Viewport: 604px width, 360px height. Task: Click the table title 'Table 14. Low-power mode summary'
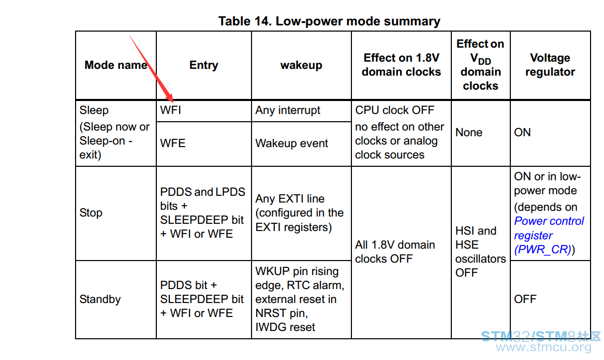tap(329, 21)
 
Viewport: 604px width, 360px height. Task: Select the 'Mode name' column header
tap(115, 65)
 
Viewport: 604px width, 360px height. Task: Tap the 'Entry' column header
tap(203, 65)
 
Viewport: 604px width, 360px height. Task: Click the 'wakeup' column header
tap(301, 65)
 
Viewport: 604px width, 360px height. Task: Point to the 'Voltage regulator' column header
tap(550, 65)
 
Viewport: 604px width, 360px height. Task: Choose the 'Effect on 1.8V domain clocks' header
tap(401, 65)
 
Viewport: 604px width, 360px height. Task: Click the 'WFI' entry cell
tap(170, 110)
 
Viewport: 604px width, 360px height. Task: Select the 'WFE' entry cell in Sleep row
tap(172, 143)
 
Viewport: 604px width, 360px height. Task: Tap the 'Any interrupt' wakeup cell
tap(287, 110)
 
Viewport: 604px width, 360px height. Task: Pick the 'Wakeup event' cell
tap(291, 143)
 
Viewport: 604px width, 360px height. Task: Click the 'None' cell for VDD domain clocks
tap(468, 133)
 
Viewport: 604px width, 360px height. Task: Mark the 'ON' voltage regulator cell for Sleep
tap(522, 133)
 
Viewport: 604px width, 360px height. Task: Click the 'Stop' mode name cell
tap(91, 213)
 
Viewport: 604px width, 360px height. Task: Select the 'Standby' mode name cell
tap(100, 299)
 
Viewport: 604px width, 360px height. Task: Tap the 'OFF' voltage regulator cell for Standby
tap(525, 299)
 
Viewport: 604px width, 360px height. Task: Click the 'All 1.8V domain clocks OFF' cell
tap(395, 252)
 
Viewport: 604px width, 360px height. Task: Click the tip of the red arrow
tap(172, 102)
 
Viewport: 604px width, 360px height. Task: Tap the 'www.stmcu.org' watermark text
tap(543, 347)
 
